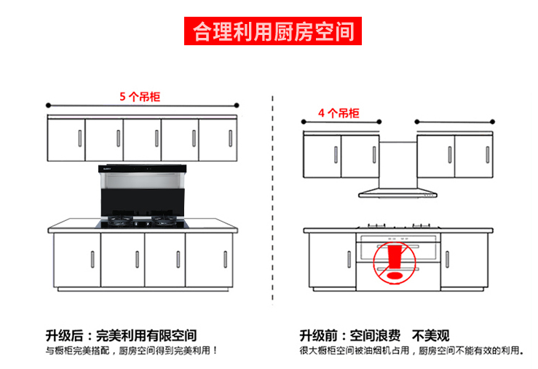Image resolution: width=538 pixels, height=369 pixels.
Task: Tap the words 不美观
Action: pyautogui.click(x=431, y=335)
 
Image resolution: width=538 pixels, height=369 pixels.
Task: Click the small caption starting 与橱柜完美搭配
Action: pyautogui.click(x=132, y=351)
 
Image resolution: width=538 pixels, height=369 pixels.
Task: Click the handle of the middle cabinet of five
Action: pyautogui.click(x=156, y=137)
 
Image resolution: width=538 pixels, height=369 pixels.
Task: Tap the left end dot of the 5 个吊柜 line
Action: pyautogui.click(x=48, y=104)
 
